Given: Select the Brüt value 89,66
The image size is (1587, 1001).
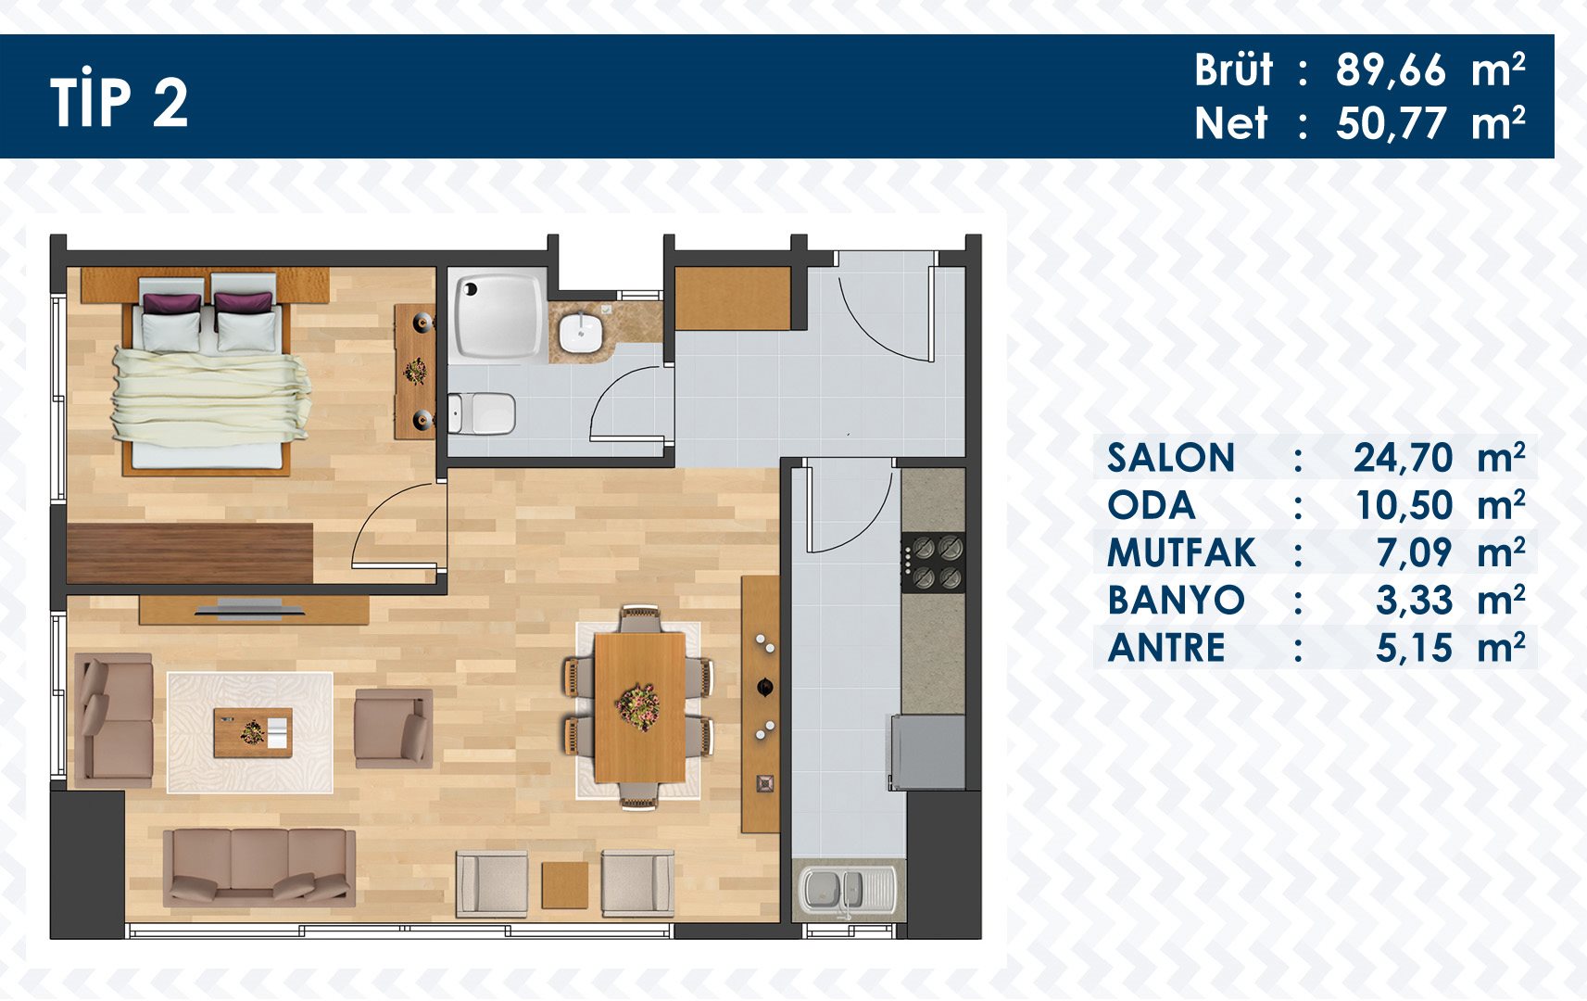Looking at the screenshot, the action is [1390, 70].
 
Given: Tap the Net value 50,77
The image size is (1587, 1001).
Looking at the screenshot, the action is [1390, 123].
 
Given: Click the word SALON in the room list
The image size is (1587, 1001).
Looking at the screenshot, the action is [1170, 457].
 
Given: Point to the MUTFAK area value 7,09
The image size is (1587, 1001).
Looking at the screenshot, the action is [1414, 553].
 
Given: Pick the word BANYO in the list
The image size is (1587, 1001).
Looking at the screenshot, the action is [1176, 601].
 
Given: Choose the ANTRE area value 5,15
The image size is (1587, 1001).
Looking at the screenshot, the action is [1414, 648].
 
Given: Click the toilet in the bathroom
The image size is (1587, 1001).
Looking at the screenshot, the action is [482, 414].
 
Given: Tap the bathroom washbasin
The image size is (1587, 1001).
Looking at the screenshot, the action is [580, 333].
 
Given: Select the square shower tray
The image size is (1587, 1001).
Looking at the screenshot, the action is [498, 316].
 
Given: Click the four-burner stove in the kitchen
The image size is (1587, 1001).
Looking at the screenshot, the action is [933, 563].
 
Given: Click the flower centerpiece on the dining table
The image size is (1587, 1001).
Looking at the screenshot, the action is [638, 707].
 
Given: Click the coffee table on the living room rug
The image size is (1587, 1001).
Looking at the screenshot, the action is [253, 732].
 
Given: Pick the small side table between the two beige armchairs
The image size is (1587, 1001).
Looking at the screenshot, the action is [564, 885].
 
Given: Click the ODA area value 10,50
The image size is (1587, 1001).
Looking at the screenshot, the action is [1404, 505].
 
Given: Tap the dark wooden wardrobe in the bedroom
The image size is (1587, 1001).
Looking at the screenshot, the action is [190, 553].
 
